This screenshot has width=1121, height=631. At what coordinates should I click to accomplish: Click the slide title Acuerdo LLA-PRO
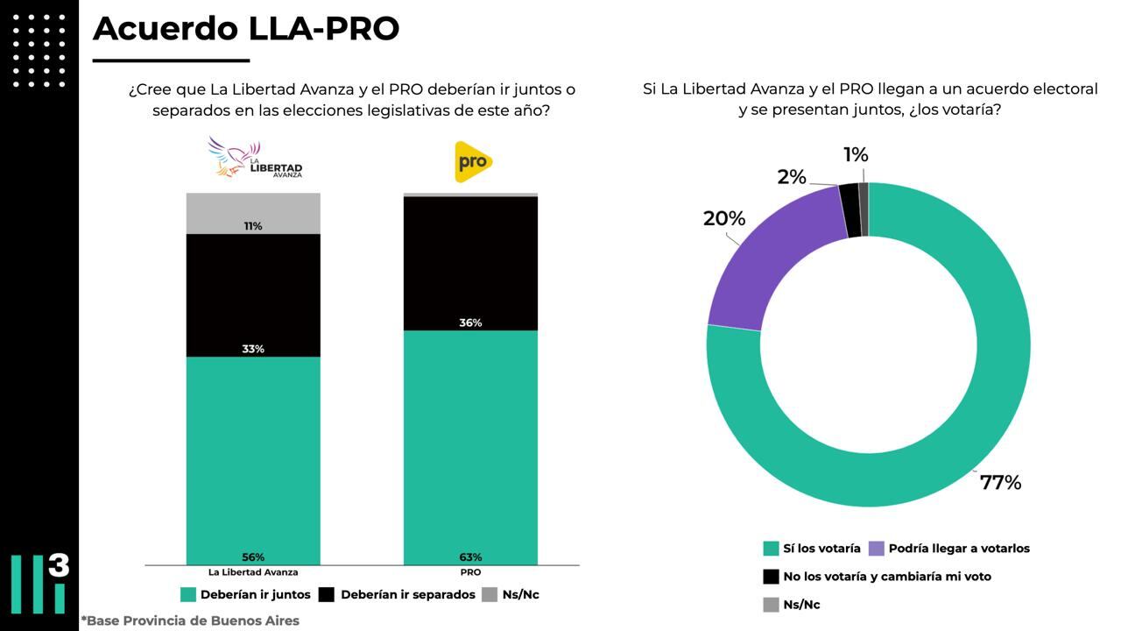pos(246,28)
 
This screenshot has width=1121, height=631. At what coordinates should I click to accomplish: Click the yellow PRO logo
pos(473,162)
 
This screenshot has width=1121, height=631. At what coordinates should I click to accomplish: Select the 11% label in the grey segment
pos(253,226)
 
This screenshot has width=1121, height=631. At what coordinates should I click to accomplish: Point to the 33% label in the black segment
pos(253,349)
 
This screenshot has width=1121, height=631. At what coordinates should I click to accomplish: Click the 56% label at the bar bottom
pos(253,557)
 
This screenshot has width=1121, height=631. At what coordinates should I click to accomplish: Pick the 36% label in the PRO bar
pos(470,323)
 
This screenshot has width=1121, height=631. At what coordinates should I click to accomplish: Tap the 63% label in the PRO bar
pos(470,557)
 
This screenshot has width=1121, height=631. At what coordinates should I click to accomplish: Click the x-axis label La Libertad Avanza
pos(253,572)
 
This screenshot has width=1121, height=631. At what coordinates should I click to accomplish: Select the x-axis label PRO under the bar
pos(470,572)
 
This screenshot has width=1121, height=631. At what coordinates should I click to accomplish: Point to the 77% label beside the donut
pos(1000,483)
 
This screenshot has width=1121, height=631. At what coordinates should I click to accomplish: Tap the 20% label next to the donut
pos(724,218)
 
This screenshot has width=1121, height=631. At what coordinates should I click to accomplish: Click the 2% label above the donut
pos(791,177)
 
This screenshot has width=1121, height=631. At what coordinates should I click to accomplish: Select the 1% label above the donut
pos(856,155)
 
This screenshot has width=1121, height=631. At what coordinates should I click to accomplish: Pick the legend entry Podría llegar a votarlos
pos(958,549)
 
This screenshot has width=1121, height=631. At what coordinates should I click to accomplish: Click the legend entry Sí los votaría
pos(821,549)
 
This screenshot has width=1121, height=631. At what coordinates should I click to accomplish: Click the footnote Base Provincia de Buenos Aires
pos(190,620)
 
